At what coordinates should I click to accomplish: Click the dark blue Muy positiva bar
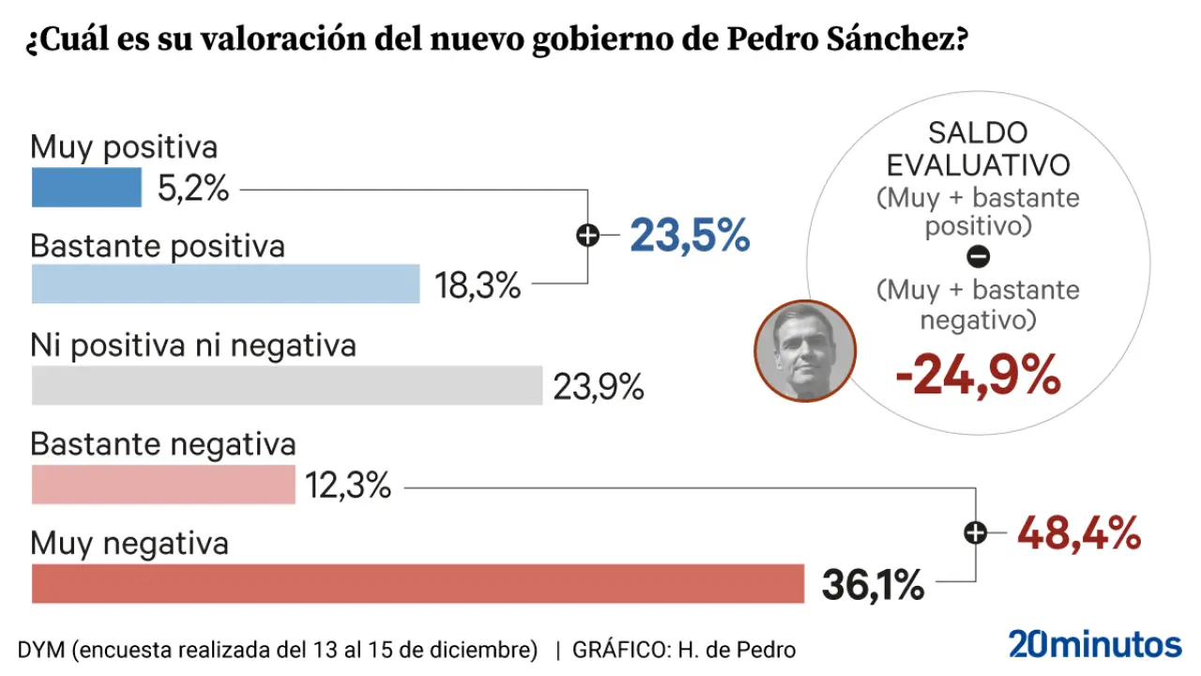tap(86, 187)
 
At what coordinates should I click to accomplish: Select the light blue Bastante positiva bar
tap(225, 284)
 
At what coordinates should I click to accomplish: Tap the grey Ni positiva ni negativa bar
tap(287, 385)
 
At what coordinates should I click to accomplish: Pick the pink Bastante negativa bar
tap(163, 484)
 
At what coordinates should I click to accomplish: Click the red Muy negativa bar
tap(418, 583)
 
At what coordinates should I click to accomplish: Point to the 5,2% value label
tap(193, 189)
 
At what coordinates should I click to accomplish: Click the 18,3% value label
tap(478, 285)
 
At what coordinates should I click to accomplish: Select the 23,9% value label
tap(598, 386)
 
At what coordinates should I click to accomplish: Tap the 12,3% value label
tap(347, 485)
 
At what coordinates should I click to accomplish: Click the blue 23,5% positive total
tap(690, 236)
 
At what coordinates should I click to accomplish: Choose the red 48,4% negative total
tap(1079, 533)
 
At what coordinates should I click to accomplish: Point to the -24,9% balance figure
tap(978, 376)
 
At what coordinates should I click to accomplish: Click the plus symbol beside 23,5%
tap(587, 236)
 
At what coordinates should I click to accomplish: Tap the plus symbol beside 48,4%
tap(976, 533)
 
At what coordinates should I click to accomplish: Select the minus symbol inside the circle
tap(978, 255)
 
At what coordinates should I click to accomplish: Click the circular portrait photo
tap(805, 350)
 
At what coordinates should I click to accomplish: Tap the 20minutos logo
tap(1095, 644)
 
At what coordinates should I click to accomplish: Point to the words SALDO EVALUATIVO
tap(978, 148)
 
